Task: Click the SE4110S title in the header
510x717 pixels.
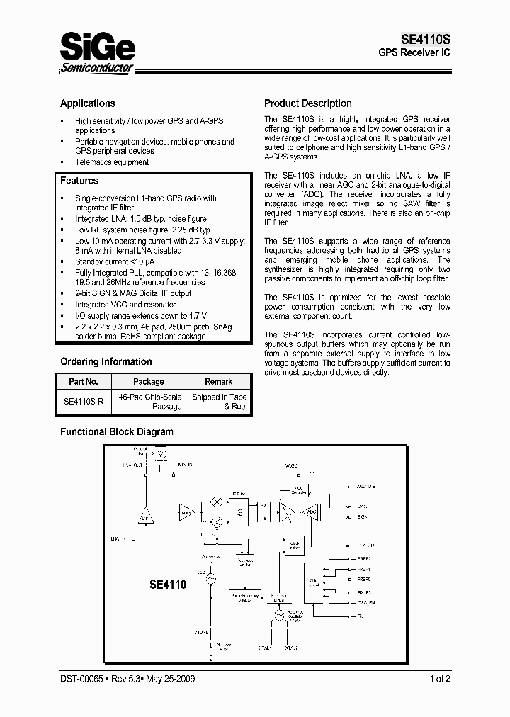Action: point(423,40)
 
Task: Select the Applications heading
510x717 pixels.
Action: point(87,103)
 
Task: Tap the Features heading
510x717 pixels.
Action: point(79,181)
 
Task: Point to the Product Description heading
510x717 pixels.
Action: point(307,103)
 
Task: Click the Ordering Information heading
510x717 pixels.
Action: point(106,361)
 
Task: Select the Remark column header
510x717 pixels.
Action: point(218,382)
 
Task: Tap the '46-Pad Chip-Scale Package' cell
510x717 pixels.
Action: point(149,402)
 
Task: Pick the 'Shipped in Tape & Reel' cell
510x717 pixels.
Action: point(218,402)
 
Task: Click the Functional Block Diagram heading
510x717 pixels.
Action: point(116,431)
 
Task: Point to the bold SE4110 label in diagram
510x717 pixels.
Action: point(167,585)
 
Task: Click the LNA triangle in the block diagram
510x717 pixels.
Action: point(146,516)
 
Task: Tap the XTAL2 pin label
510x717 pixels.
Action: point(291,648)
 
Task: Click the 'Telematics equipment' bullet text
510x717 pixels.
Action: point(112,162)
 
